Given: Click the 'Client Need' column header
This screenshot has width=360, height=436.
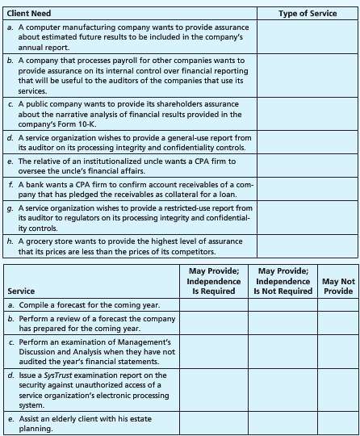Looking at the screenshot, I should (x=29, y=13).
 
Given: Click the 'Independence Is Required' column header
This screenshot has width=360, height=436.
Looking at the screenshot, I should (x=214, y=280).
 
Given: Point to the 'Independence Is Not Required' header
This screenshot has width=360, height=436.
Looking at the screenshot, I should (x=283, y=280).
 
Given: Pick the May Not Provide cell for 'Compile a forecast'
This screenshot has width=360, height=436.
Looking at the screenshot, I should (x=338, y=304).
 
